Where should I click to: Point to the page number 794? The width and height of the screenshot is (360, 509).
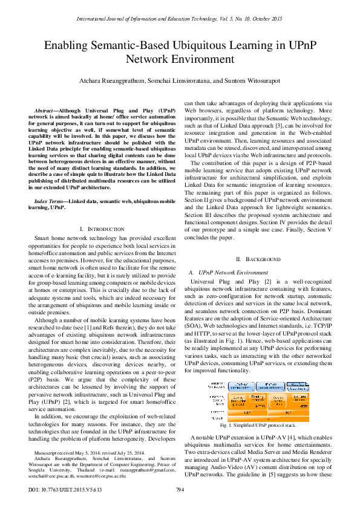pyautogui.click(x=180, y=490)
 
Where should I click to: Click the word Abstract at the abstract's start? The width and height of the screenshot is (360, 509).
pyautogui.click(x=47, y=111)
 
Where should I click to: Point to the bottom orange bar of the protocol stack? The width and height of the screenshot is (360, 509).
pyautogui.click(x=266, y=418)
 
